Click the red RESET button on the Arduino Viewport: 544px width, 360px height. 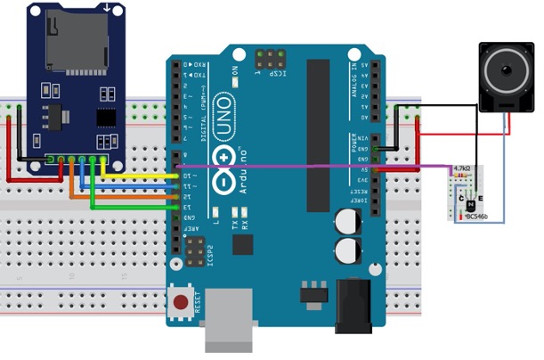[x=182, y=303]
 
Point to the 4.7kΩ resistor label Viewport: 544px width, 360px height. [x=462, y=168]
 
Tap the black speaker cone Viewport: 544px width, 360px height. [x=504, y=70]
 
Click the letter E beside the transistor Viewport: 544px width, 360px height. [x=481, y=197]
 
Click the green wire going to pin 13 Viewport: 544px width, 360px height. [x=134, y=207]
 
